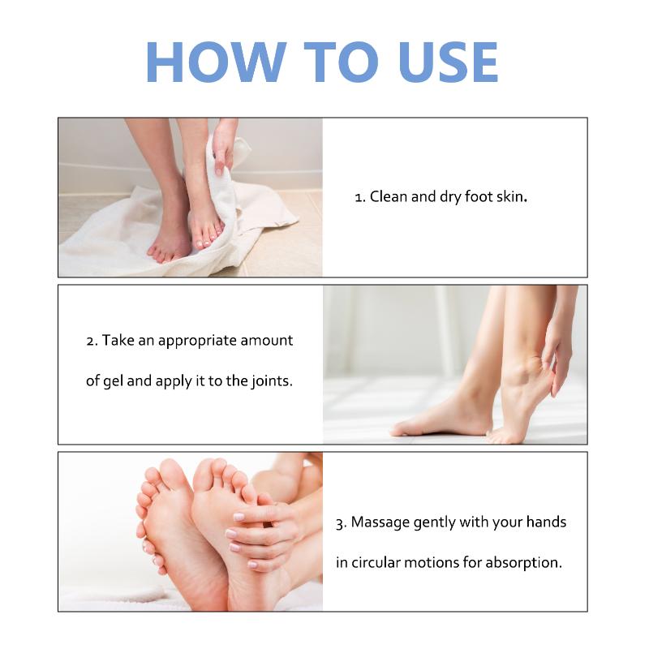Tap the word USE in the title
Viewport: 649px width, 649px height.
(449, 62)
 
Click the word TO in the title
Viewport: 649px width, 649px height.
(342, 62)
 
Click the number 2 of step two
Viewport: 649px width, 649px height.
(91, 342)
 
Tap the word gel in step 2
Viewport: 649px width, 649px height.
(113, 381)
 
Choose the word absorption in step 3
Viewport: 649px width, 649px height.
(523, 563)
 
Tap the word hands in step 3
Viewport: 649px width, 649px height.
(546, 522)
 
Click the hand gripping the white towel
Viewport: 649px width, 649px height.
(225, 144)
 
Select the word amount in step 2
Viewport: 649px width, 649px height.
(267, 341)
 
